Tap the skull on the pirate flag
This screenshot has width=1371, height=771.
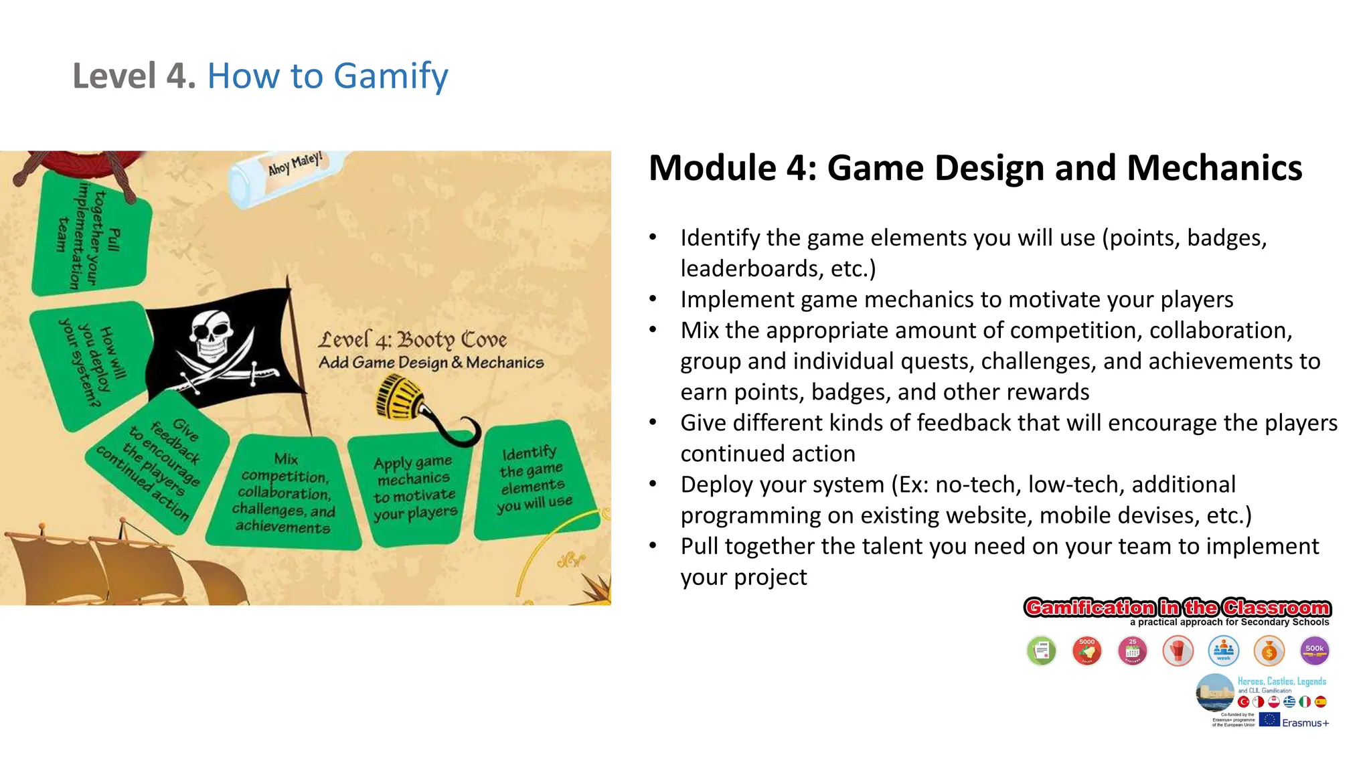tap(213, 335)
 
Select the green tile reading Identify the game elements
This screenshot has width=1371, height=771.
tap(534, 481)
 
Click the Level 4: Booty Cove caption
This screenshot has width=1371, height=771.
tap(412, 341)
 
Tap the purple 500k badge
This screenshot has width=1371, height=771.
tap(1314, 651)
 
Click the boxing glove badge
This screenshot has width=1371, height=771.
tap(1178, 651)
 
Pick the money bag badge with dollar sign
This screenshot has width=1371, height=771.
tap(1269, 651)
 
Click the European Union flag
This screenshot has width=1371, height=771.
tap(1269, 720)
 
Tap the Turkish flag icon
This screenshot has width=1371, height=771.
tap(1243, 701)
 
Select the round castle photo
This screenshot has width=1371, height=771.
tap(1215, 692)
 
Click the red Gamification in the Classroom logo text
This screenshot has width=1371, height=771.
tap(1177, 608)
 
